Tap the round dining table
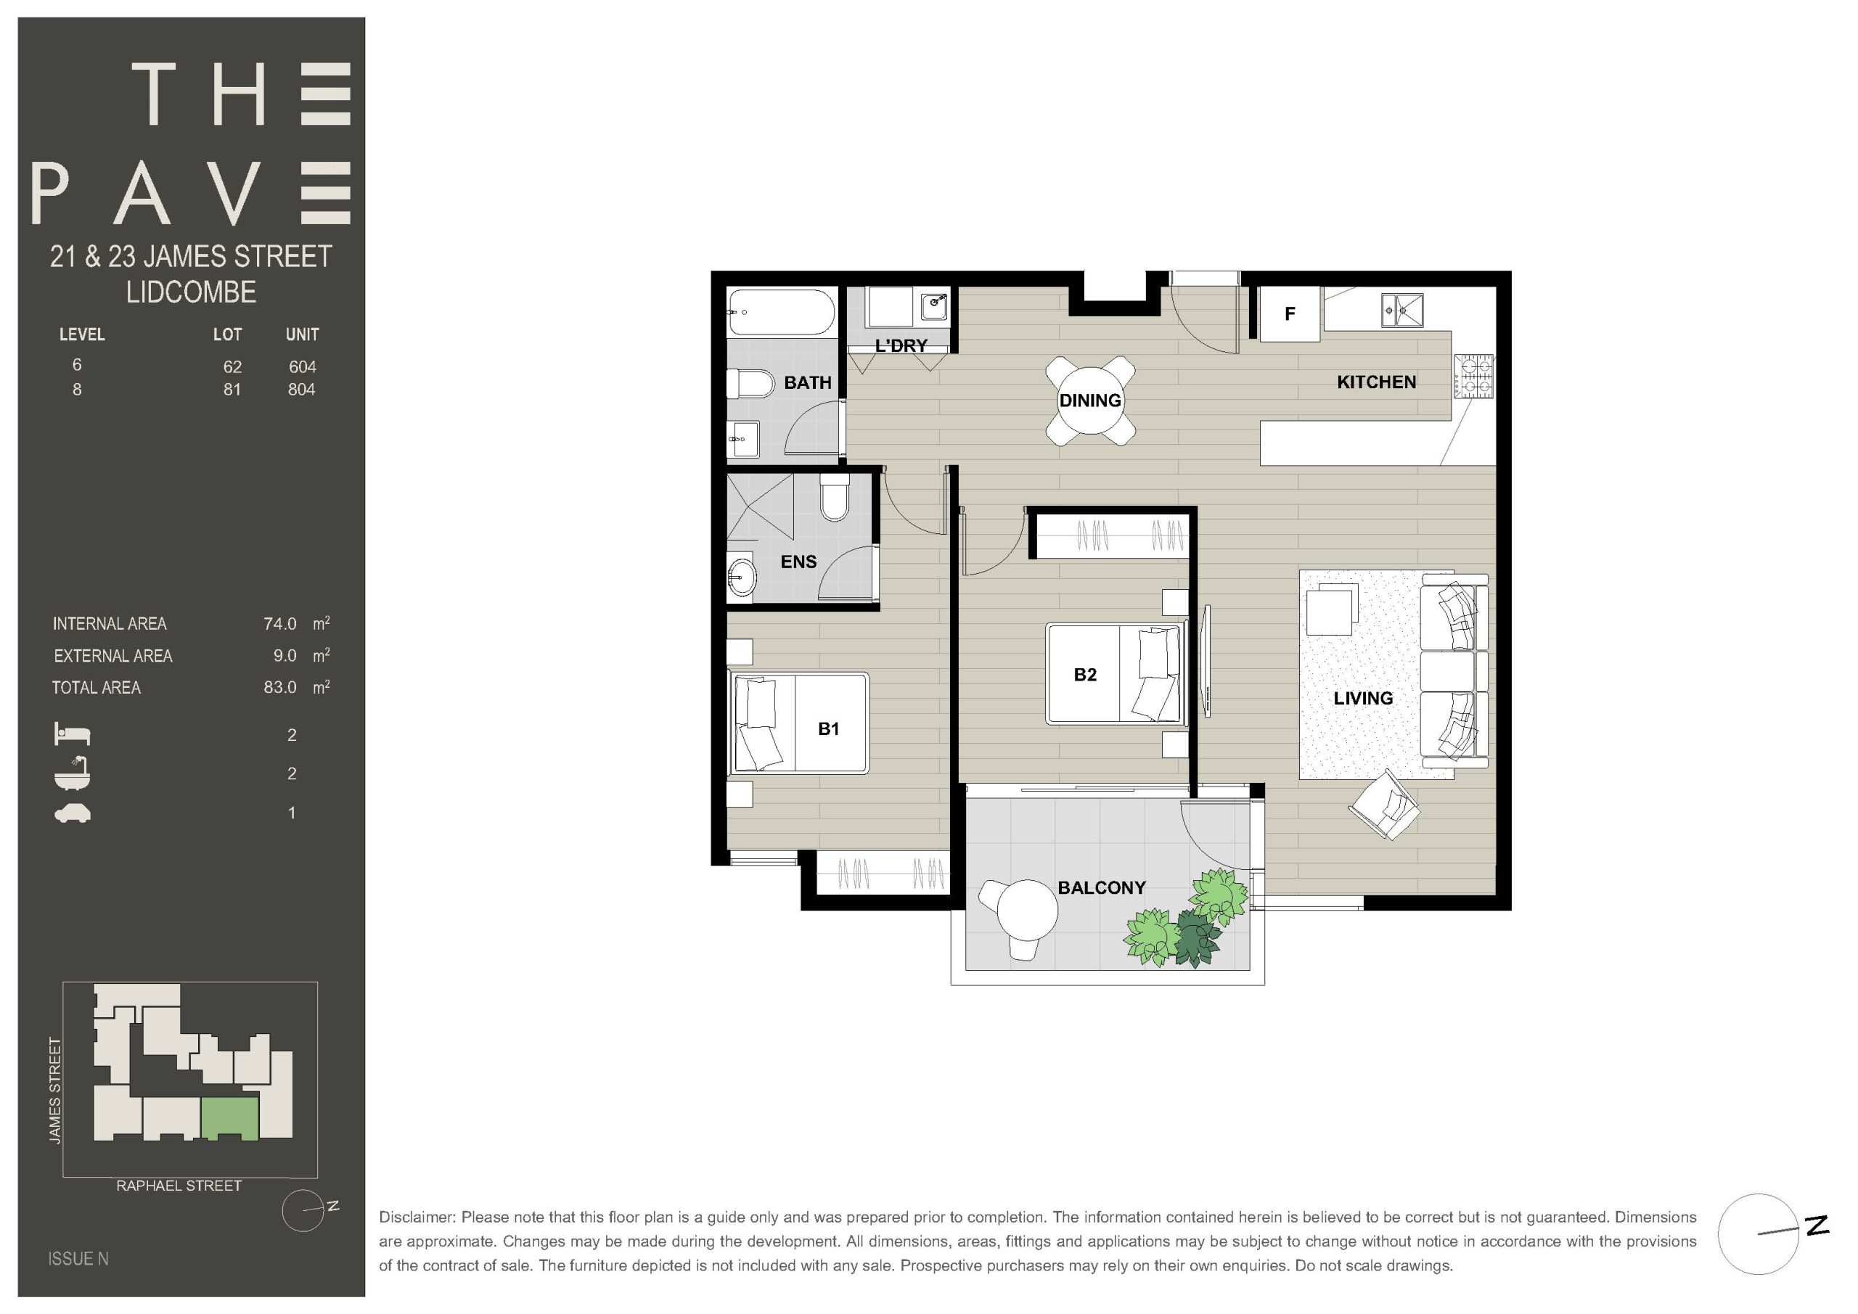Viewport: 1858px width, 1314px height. (x=1090, y=400)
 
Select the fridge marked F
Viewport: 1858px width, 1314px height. (x=1290, y=313)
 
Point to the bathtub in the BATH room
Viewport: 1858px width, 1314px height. (x=781, y=312)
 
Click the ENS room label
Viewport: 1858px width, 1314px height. (x=798, y=562)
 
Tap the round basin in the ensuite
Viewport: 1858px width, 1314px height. (x=740, y=575)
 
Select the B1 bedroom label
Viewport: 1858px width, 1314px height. (x=828, y=729)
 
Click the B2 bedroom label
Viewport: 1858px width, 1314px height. (x=1084, y=675)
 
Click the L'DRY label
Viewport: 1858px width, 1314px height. (x=901, y=345)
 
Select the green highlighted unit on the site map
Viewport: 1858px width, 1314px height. (x=230, y=1118)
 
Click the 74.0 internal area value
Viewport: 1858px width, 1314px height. (x=280, y=624)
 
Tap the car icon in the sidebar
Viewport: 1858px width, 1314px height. (x=72, y=813)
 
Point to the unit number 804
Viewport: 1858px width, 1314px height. (x=301, y=389)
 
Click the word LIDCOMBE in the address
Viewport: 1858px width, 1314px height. (x=191, y=292)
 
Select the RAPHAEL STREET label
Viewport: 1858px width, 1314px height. (x=179, y=1186)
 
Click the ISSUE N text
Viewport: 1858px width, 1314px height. (x=78, y=1259)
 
